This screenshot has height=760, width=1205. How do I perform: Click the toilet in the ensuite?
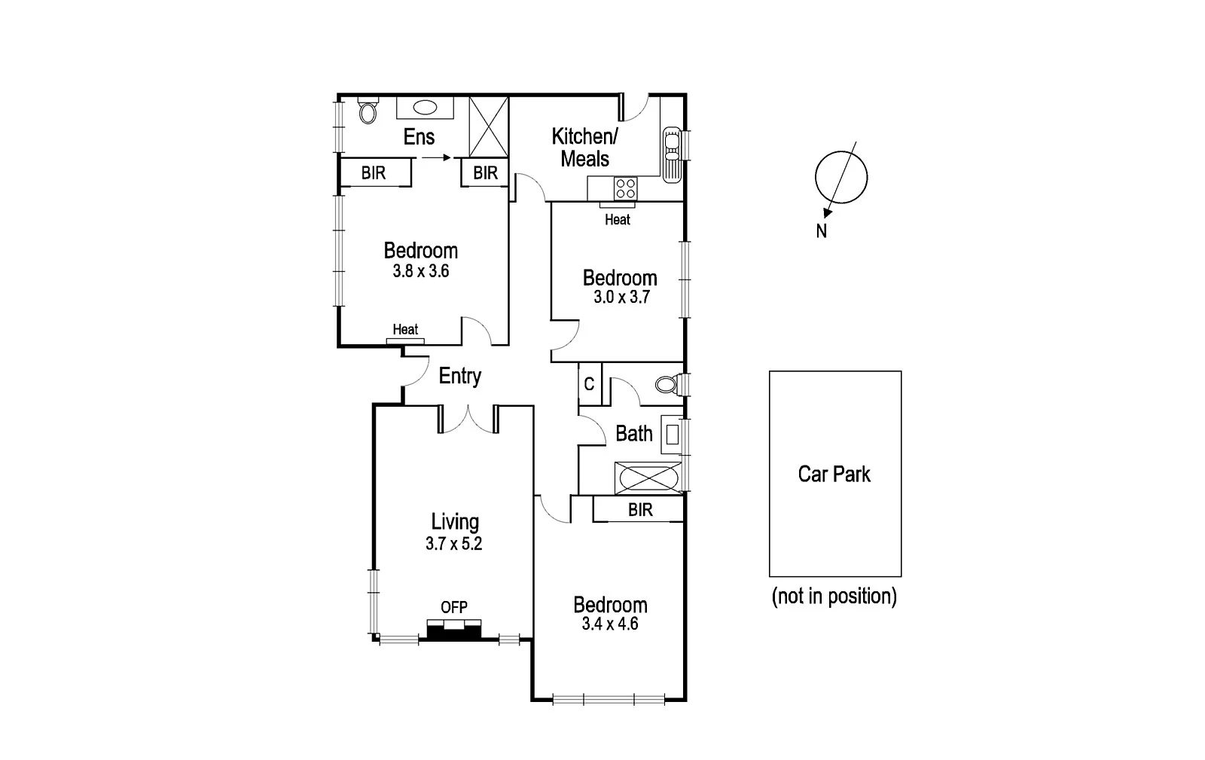click(x=368, y=111)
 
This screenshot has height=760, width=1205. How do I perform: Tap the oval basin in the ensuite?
click(x=426, y=108)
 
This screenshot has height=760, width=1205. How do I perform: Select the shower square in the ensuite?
click(x=489, y=127)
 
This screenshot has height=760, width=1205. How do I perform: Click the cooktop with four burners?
click(x=625, y=188)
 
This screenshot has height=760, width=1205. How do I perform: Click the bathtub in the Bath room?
click(x=648, y=478)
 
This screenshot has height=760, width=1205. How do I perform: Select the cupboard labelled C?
click(x=589, y=384)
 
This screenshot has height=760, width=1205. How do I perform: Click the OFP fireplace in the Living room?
click(x=454, y=629)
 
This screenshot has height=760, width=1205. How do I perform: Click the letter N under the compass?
click(x=822, y=232)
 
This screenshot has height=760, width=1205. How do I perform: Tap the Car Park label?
click(x=834, y=474)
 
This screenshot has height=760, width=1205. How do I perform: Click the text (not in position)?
click(x=834, y=597)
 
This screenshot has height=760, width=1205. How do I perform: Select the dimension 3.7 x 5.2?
click(x=453, y=544)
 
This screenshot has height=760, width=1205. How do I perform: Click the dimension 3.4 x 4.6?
click(x=610, y=624)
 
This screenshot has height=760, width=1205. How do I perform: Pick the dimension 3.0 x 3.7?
click(x=621, y=297)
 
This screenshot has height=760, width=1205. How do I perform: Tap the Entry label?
click(x=460, y=376)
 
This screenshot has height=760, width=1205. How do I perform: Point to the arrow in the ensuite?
click(x=436, y=157)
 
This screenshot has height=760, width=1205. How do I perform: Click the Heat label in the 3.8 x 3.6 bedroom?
click(x=405, y=329)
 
